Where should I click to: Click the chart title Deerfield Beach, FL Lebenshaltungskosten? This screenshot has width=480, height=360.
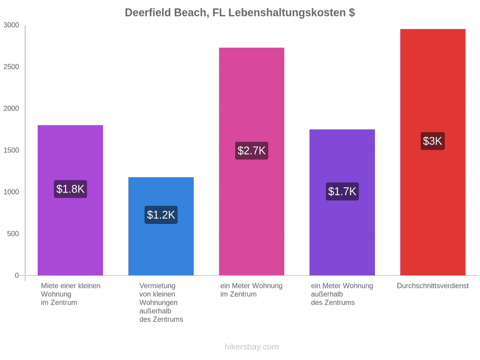click(x=239, y=13)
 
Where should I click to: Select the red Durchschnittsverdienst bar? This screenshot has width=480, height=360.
click(x=433, y=152)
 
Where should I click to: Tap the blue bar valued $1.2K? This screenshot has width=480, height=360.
click(x=161, y=226)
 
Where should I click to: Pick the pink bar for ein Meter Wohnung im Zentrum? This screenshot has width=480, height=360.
click(x=252, y=162)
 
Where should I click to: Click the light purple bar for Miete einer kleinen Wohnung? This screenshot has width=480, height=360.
click(x=70, y=200)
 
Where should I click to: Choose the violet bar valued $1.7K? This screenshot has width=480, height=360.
click(x=342, y=202)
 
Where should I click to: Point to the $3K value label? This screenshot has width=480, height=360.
click(x=433, y=141)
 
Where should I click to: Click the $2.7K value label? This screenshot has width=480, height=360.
click(x=252, y=150)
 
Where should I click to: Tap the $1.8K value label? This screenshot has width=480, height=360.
click(x=70, y=189)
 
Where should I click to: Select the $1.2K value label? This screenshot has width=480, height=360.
click(x=161, y=214)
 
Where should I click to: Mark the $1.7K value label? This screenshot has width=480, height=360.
click(x=342, y=191)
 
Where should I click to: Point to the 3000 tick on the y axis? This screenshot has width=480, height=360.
click(x=11, y=25)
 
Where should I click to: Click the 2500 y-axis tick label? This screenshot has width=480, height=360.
click(x=11, y=67)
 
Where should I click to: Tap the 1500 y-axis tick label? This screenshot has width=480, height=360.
click(x=11, y=150)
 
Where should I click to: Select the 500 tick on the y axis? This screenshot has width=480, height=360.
click(x=13, y=234)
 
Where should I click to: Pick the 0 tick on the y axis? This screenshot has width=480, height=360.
click(x=17, y=276)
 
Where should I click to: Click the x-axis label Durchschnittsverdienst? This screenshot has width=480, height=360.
click(x=433, y=286)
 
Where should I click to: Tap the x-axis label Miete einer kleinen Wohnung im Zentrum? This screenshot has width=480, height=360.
click(x=71, y=294)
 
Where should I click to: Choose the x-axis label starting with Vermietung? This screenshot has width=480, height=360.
click(x=161, y=302)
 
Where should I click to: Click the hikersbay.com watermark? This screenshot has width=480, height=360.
click(x=252, y=347)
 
